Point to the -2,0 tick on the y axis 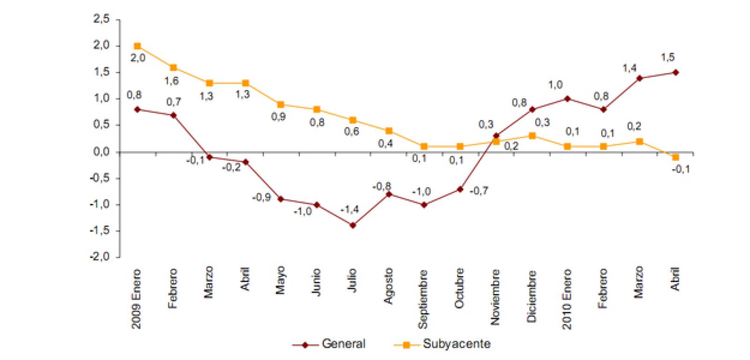[x=100, y=257]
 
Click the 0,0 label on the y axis [x=102, y=152]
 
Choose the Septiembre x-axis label [x=423, y=299]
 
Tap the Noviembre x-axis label [x=495, y=297]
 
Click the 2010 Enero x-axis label [x=567, y=298]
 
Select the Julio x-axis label [x=352, y=280]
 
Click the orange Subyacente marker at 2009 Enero [x=137, y=46]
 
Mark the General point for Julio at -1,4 [x=352, y=225]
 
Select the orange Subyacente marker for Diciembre [x=532, y=136]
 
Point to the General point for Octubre [x=460, y=189]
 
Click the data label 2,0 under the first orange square [x=138, y=58]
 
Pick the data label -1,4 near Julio [x=350, y=210]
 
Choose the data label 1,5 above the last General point [x=667, y=57]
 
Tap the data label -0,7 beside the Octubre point [x=479, y=191]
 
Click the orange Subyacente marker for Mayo [x=280, y=105]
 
